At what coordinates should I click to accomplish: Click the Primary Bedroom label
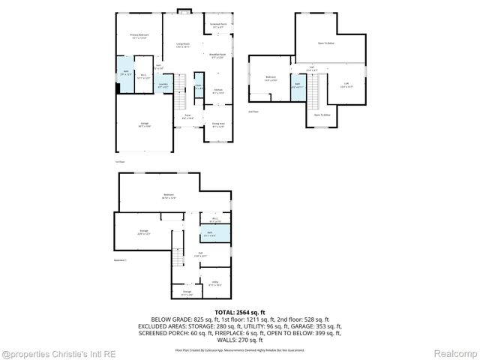[x=139, y=36]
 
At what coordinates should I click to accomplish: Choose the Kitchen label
[x=217, y=91]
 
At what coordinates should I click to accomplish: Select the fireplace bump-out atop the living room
[x=184, y=10]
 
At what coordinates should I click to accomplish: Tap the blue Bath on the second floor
[x=298, y=85]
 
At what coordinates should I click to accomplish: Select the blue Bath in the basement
[x=215, y=245]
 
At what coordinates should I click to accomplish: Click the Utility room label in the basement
[x=214, y=283]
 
